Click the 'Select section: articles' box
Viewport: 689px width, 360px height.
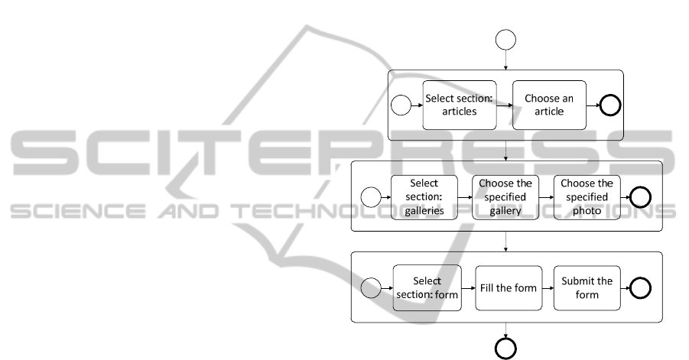[x=460, y=105]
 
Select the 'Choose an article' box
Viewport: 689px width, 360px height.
[x=549, y=105]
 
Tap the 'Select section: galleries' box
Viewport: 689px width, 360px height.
[x=424, y=197]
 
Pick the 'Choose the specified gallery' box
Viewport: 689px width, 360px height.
[x=505, y=197]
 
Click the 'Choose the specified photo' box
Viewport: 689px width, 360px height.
[x=587, y=197]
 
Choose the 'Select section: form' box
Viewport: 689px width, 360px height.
[x=427, y=287]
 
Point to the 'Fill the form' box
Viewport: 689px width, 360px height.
[x=509, y=287]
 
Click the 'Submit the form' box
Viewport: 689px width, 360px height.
[x=587, y=287]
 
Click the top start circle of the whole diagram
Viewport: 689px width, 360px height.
[x=505, y=39]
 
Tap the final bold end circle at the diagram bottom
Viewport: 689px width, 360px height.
[x=505, y=349]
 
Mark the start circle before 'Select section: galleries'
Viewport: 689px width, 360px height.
[x=370, y=198]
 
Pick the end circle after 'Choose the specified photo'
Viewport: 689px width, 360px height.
[x=640, y=198]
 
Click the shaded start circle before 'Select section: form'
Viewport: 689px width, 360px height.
[x=370, y=288]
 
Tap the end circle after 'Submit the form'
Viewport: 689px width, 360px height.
[x=640, y=288]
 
